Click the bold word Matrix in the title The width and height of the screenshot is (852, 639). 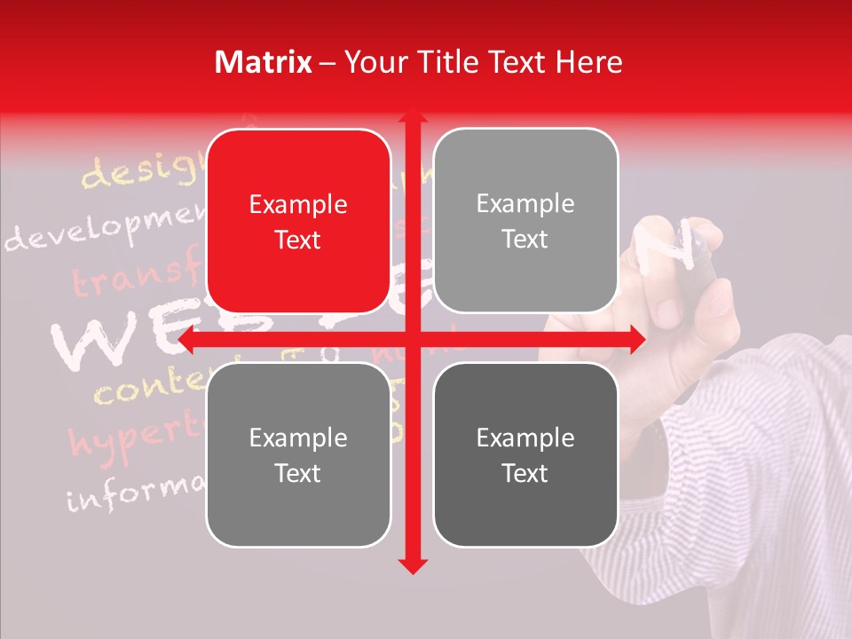264,62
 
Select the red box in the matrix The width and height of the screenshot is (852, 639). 298,221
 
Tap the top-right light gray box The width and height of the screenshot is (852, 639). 525,221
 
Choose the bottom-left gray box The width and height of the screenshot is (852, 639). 298,454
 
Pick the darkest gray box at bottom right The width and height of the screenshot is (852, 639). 525,454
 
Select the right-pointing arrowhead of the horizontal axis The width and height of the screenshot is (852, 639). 636,339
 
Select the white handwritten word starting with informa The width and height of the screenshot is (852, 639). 133,493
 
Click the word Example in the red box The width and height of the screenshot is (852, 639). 298,205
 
